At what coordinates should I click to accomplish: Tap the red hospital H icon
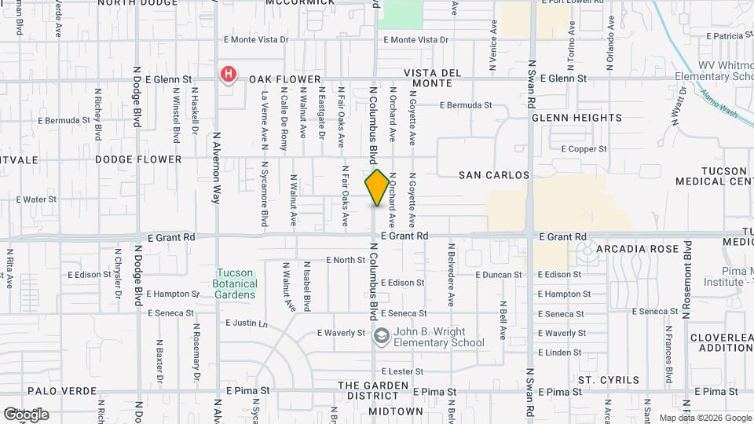point(227,75)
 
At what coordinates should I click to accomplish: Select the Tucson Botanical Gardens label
point(236,283)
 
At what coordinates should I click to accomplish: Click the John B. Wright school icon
point(381,337)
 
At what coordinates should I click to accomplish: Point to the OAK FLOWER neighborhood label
point(285,79)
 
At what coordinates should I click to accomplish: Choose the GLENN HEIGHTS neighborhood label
point(576,118)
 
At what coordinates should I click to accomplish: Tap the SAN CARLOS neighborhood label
point(494,175)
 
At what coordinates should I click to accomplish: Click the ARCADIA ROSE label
point(636,249)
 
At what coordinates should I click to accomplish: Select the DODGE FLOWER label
point(138,159)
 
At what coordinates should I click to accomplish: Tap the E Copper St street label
point(584,148)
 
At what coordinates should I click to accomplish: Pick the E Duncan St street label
point(499,275)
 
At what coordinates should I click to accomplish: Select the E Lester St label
point(402,371)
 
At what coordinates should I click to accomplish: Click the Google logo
point(26,415)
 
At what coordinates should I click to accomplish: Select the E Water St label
point(35,199)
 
